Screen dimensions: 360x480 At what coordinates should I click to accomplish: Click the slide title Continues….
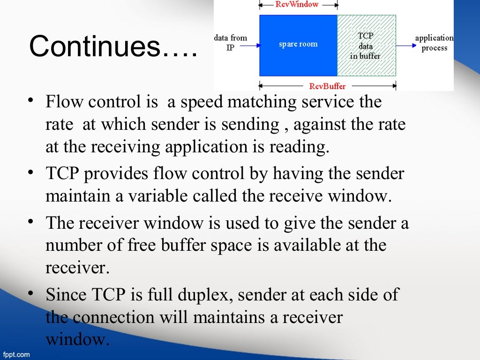[112, 47]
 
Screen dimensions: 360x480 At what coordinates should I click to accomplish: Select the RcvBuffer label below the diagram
[327, 86]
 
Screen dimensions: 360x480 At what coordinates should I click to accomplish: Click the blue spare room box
[298, 45]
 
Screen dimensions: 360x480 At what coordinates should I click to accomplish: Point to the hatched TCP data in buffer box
[366, 45]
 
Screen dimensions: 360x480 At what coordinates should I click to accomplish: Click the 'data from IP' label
[230, 42]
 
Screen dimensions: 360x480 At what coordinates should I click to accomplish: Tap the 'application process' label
[434, 43]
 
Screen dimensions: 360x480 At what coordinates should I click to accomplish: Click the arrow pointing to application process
[406, 45]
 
